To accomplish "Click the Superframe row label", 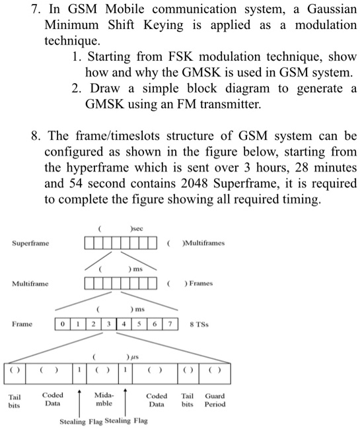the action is tap(30, 244).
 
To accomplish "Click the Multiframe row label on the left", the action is tap(30, 284).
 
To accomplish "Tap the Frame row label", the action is tap(22, 324).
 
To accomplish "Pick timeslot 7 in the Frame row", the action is tap(170, 324).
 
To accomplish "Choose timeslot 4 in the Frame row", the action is tap(123, 324).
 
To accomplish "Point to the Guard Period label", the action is tap(215, 400).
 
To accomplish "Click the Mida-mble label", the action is tap(104, 399).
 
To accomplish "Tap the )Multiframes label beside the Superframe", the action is tap(199, 243).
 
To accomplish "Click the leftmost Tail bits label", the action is tap(14, 401).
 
